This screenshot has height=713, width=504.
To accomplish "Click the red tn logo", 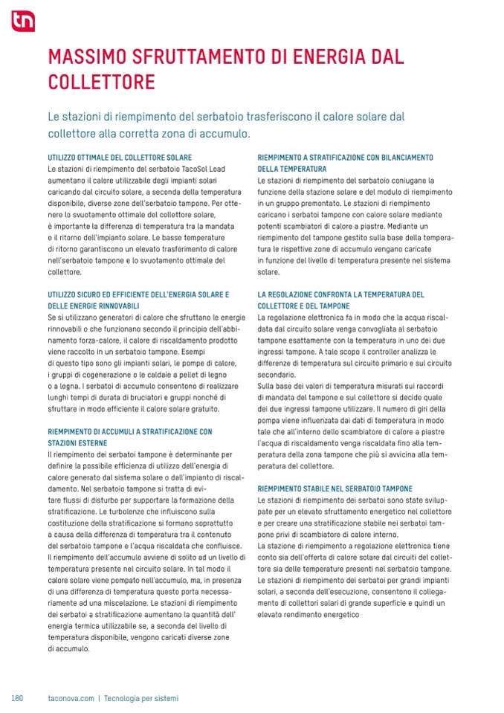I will click(22, 22).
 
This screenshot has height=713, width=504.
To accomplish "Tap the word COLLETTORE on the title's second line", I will click(101, 81).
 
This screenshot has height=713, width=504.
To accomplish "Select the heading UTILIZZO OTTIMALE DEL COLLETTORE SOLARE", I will click(120, 158).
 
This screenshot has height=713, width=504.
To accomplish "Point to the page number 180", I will click(18, 698).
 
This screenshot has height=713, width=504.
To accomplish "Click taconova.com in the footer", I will click(70, 698).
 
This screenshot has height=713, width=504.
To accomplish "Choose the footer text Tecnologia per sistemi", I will click(141, 698).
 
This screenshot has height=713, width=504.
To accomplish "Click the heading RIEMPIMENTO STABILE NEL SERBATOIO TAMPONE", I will click(335, 489).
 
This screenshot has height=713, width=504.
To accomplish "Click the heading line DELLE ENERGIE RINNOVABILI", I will click(93, 306).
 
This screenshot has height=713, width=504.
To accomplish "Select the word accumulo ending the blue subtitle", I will click(226, 135).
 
